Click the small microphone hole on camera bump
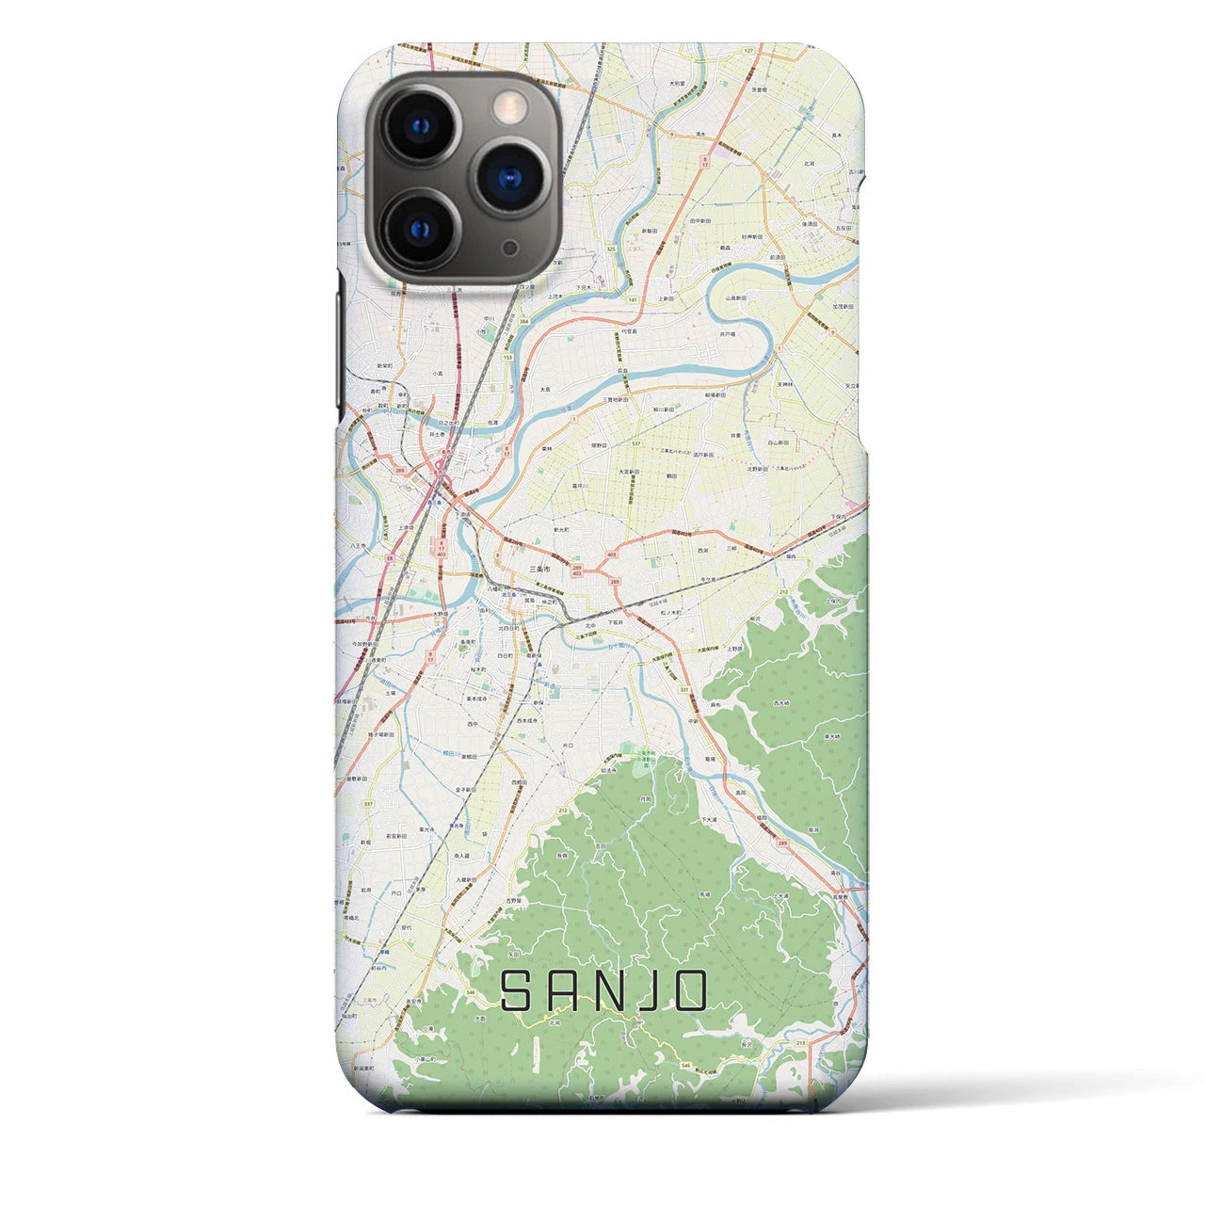click(509, 246)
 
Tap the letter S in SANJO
click(520, 991)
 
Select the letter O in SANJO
click(689, 991)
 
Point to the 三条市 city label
click(542, 570)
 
